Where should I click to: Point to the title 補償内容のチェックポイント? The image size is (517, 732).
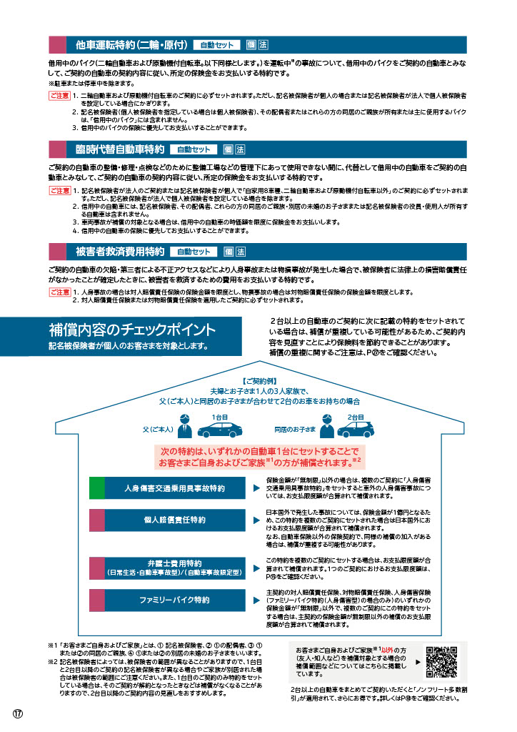pos(131,330)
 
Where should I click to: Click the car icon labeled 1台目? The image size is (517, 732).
pos(219,430)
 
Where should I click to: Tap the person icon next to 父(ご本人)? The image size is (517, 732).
pos(186,429)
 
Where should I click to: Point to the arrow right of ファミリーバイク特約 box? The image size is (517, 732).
pos(256,600)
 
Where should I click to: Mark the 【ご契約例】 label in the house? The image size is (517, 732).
pos(258,382)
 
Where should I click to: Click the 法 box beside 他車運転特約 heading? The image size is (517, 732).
pos(263,44)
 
